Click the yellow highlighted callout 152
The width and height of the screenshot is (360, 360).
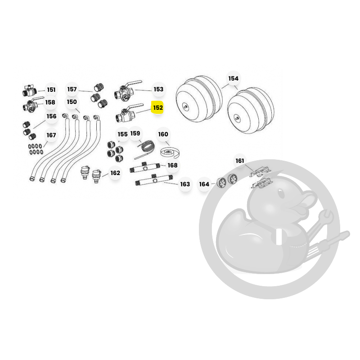coord(158,108)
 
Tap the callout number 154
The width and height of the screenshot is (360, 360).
coord(233,78)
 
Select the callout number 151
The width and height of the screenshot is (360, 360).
coord(51,90)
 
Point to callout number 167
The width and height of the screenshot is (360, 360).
coord(51,135)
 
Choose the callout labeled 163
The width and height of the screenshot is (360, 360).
coord(185,184)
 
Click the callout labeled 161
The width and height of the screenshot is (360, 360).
coord(240,161)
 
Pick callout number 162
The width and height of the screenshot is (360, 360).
coord(115,173)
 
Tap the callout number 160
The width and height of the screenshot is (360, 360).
coord(163,134)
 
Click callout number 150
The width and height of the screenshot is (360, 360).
coord(72,102)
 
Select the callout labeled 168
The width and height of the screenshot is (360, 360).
coord(172,165)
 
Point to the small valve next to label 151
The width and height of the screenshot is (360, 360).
coord(30,90)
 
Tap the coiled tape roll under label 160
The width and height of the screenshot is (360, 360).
coord(170,153)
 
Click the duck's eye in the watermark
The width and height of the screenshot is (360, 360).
coord(281,193)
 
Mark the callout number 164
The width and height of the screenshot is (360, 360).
coord(204,184)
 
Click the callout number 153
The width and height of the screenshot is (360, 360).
coord(158,89)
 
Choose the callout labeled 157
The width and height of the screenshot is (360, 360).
coord(72,89)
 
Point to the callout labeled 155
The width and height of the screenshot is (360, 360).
coord(122,134)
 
